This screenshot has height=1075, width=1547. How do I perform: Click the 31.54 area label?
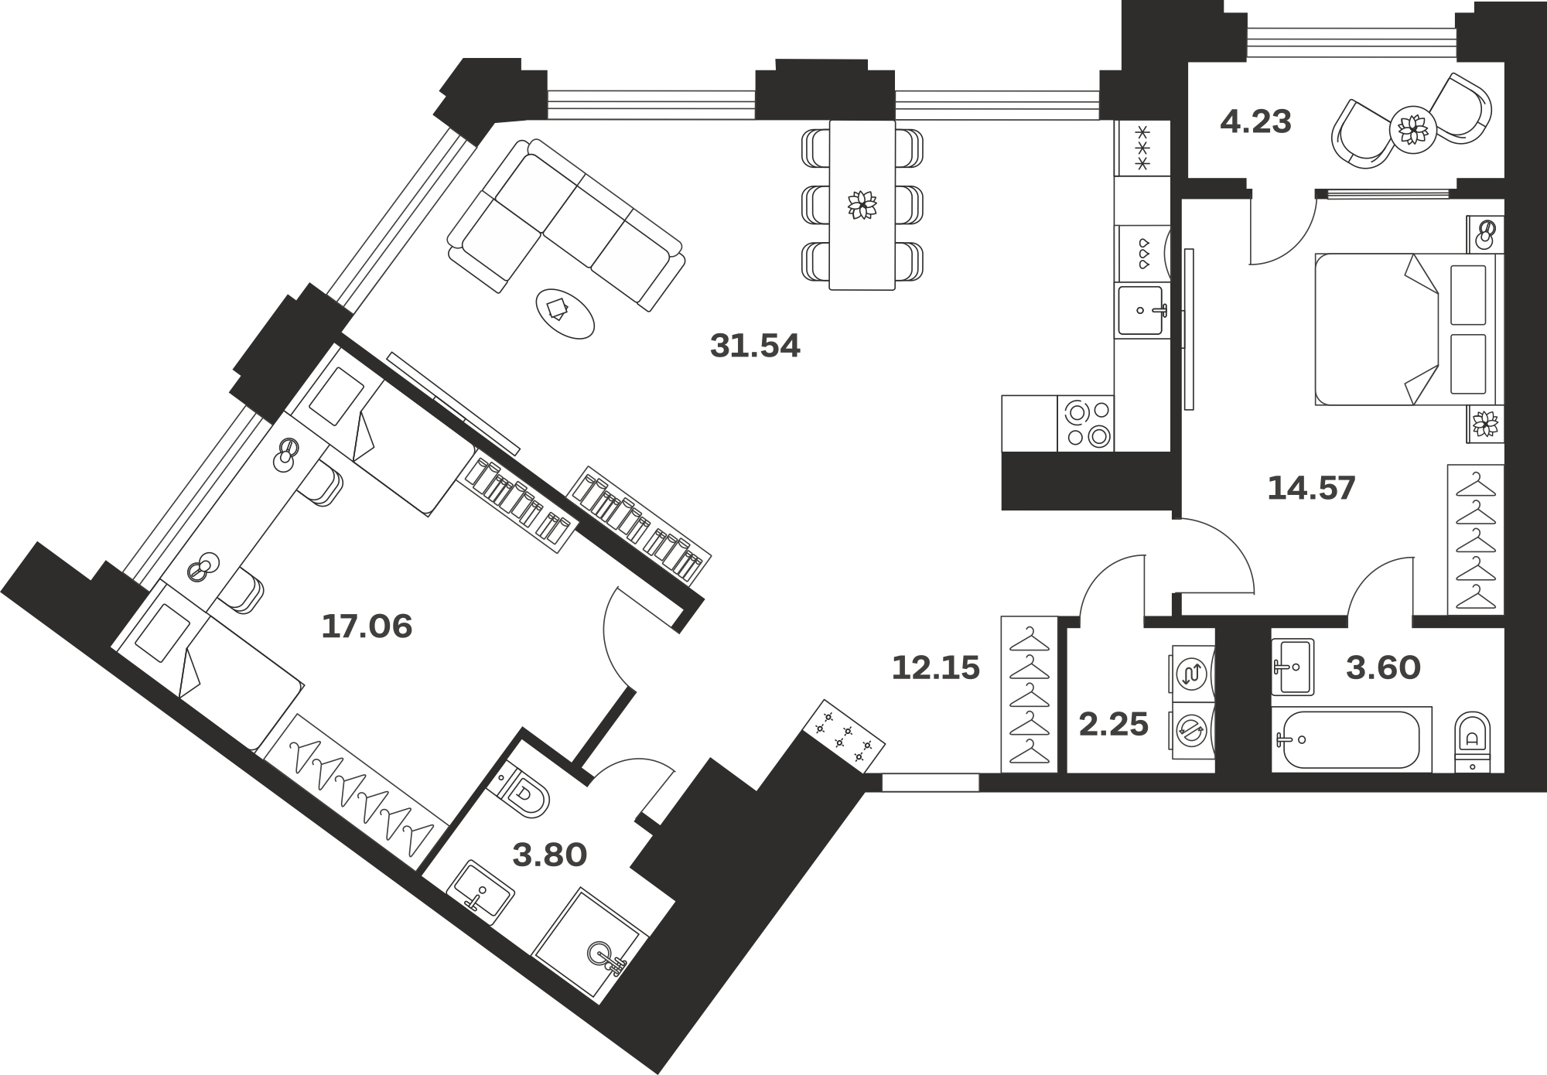tap(755, 346)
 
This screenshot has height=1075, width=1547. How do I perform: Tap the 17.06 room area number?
tap(367, 626)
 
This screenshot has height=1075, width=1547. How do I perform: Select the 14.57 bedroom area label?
tap(1311, 488)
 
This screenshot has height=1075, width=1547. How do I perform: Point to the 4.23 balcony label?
tap(1255, 122)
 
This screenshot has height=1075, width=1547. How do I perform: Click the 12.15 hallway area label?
tap(936, 667)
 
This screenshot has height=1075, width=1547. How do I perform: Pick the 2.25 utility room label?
tap(1113, 725)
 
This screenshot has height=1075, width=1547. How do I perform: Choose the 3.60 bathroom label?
tap(1383, 667)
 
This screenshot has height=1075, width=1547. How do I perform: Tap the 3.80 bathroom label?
tap(550, 855)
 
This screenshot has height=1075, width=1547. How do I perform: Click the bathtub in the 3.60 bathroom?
tap(1352, 739)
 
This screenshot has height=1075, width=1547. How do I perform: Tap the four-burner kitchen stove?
tap(1086, 423)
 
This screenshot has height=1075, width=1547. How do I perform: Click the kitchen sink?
tap(1141, 311)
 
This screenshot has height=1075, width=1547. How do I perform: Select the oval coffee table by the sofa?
tap(565, 313)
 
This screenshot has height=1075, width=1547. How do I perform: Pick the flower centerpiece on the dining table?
tap(862, 204)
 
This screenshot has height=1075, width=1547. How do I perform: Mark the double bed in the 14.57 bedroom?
tap(1405, 329)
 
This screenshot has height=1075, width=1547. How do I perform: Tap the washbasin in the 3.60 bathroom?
tap(1293, 667)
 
